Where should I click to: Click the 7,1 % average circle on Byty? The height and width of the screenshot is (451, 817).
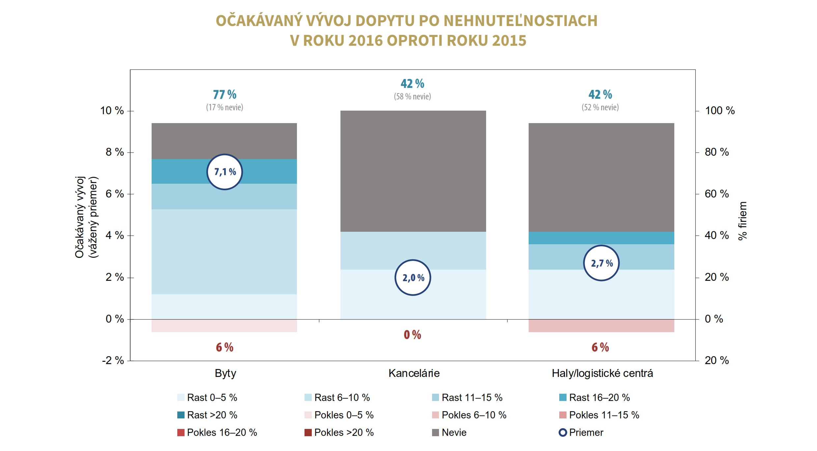coord(224,172)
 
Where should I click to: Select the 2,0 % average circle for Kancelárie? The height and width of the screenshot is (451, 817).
coord(413,278)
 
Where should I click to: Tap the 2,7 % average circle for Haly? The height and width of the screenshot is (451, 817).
coord(601,263)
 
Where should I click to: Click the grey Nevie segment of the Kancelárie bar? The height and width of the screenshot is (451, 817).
coord(413,171)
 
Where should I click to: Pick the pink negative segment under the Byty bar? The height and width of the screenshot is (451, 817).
coord(224,326)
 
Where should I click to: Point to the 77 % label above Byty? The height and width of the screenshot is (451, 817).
coord(224,94)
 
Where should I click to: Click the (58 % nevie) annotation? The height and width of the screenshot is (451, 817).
coord(412,96)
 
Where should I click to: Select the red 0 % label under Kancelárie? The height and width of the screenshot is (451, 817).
coord(412,335)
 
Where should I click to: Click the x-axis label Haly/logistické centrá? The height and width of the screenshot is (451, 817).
coord(602,373)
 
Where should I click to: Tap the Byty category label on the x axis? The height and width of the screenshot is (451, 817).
coord(225,373)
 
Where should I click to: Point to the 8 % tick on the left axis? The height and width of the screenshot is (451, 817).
coord(114,152)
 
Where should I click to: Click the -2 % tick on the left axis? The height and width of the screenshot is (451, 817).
coord(113,360)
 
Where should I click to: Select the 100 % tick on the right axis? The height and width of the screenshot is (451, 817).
coord(719,111)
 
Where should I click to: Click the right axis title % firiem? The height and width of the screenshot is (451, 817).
coord(742,221)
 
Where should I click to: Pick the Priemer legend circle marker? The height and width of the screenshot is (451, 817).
coord(563,432)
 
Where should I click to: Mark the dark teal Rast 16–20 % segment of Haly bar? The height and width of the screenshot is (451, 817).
coord(601,238)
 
